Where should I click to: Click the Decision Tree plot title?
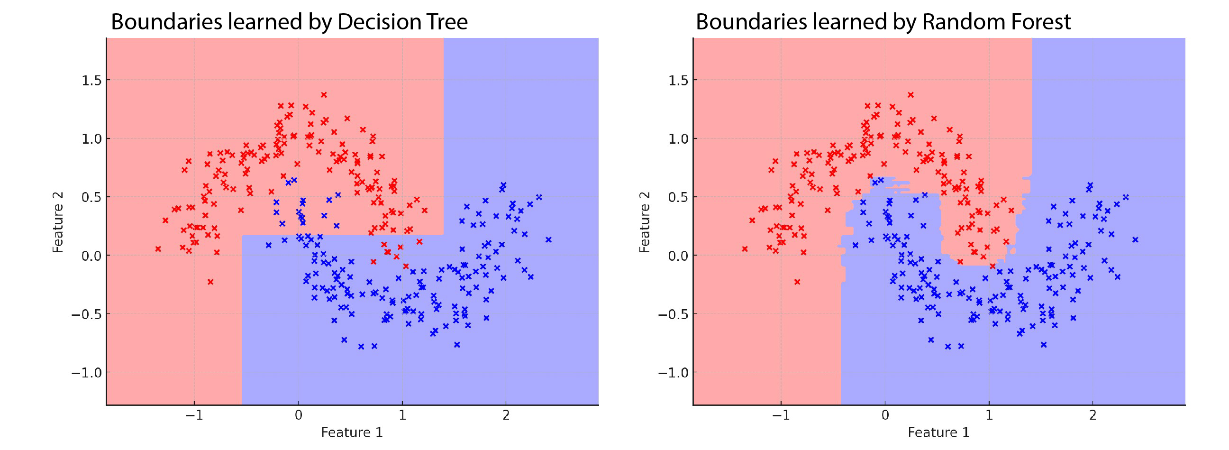pyautogui.click(x=289, y=22)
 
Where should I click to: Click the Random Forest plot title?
pyautogui.click(x=883, y=22)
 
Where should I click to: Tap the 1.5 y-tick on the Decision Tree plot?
pyautogui.click(x=91, y=80)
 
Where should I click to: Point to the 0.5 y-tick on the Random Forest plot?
pyautogui.click(x=678, y=197)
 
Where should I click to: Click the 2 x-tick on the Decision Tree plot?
pyautogui.click(x=506, y=415)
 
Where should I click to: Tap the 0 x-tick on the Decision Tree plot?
pyautogui.click(x=298, y=415)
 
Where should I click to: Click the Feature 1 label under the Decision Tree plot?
pyautogui.click(x=352, y=432)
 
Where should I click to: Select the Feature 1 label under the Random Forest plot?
pyautogui.click(x=938, y=432)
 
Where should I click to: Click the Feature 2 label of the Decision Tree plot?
pyautogui.click(x=58, y=222)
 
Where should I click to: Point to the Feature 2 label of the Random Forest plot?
pyautogui.click(x=645, y=222)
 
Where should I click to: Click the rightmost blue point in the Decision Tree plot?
pyautogui.click(x=548, y=239)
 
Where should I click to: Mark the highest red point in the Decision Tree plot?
pyautogui.click(x=324, y=94)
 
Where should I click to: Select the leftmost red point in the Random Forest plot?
pyautogui.click(x=745, y=248)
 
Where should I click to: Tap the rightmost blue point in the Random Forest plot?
pyautogui.click(x=1135, y=239)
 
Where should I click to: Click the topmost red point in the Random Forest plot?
pyautogui.click(x=911, y=94)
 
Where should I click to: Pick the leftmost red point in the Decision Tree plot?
pyautogui.click(x=158, y=248)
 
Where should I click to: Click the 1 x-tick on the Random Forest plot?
pyautogui.click(x=989, y=415)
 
